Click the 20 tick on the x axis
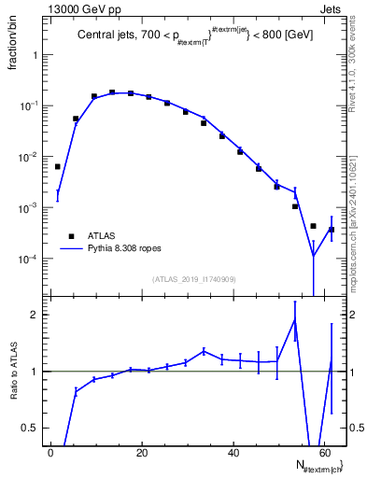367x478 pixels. (142, 453)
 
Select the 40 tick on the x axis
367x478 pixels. (233, 453)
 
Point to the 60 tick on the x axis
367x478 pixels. (324, 453)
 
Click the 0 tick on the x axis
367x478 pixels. (51, 453)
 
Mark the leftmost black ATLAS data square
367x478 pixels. (58, 166)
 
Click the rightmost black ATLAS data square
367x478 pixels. (332, 230)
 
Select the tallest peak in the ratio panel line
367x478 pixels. (295, 319)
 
